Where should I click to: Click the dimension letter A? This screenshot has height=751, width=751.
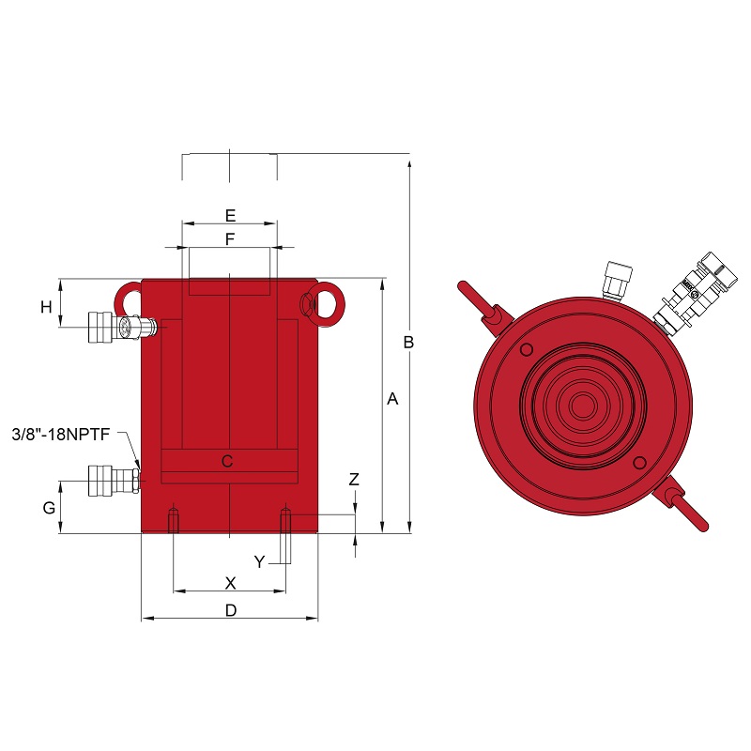click(392, 398)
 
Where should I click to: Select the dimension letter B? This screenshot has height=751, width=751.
click(408, 342)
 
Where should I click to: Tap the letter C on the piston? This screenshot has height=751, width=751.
click(227, 461)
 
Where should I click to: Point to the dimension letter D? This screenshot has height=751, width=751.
click(231, 610)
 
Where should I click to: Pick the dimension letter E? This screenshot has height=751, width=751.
click(230, 216)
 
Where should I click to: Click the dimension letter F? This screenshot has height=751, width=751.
click(230, 238)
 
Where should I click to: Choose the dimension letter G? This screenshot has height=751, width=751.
click(49, 508)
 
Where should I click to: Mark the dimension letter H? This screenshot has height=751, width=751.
click(46, 307)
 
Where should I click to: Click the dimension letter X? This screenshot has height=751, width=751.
click(230, 583)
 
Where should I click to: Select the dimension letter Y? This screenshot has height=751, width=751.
click(259, 561)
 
